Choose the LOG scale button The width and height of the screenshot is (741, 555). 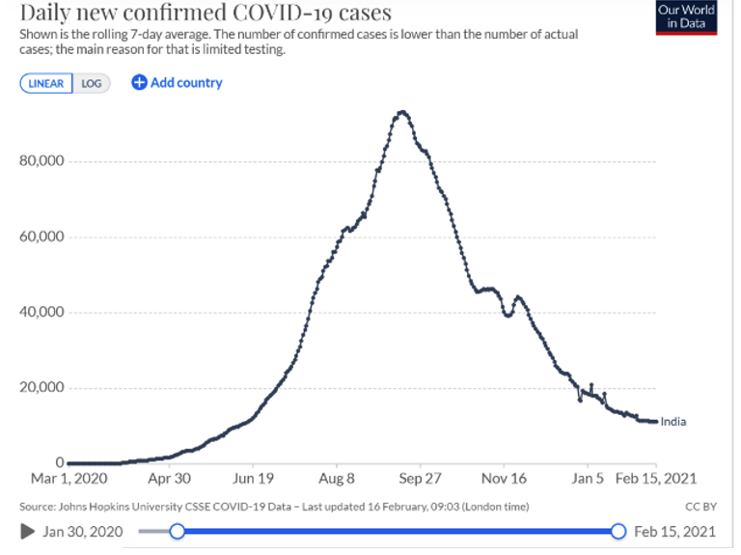(92, 83)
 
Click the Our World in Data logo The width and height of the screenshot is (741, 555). (686, 17)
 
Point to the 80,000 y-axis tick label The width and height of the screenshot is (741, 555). (41, 160)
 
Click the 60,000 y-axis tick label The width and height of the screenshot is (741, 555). (41, 236)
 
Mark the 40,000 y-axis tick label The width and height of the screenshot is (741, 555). (41, 312)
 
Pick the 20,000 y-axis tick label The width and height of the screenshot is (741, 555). (41, 388)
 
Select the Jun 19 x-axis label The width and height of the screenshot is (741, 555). (254, 478)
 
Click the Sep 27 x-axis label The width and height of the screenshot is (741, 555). (421, 478)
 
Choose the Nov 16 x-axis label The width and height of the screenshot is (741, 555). (505, 478)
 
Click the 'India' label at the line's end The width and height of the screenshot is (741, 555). (673, 422)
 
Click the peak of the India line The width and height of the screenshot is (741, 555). (402, 112)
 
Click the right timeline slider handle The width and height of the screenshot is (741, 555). (618, 531)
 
